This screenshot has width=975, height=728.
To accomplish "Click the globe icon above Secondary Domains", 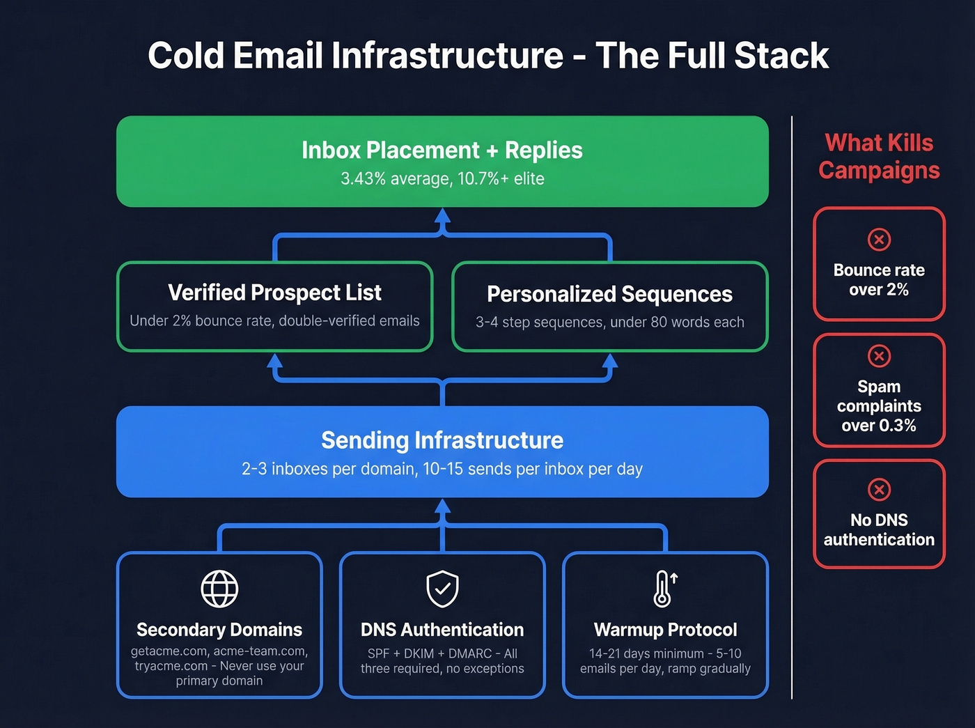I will pos(219,589).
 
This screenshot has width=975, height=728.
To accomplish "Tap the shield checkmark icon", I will pos(442,589).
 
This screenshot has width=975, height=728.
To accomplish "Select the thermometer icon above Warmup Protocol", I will pos(664,589).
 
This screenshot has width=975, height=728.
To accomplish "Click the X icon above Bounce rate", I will pos(879,240).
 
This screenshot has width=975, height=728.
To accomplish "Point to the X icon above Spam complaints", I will pos(879,356).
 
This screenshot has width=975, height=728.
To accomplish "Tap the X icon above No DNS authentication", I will pos(879,490).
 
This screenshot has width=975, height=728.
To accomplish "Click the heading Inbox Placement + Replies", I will pos(442,150).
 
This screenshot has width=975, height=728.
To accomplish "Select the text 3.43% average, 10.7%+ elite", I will pos(442,179).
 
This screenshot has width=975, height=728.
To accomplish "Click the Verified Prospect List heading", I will pos(274,293).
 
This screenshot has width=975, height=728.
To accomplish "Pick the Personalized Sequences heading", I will pos(609,294).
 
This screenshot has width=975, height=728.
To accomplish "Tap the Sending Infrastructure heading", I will pos(442,440).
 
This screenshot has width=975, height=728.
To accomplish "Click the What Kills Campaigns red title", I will pos(879,157).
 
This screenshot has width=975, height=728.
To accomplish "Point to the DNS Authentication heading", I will pos(442,630).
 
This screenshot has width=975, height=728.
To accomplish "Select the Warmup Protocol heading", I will pos(665,630).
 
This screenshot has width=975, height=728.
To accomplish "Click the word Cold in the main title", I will pos(185,56).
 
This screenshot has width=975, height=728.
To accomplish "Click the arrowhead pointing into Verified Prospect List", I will pos(275,360).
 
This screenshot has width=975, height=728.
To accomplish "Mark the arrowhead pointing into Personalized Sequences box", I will pos(610,360).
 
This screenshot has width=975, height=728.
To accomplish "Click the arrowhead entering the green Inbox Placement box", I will pos(442,215).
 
